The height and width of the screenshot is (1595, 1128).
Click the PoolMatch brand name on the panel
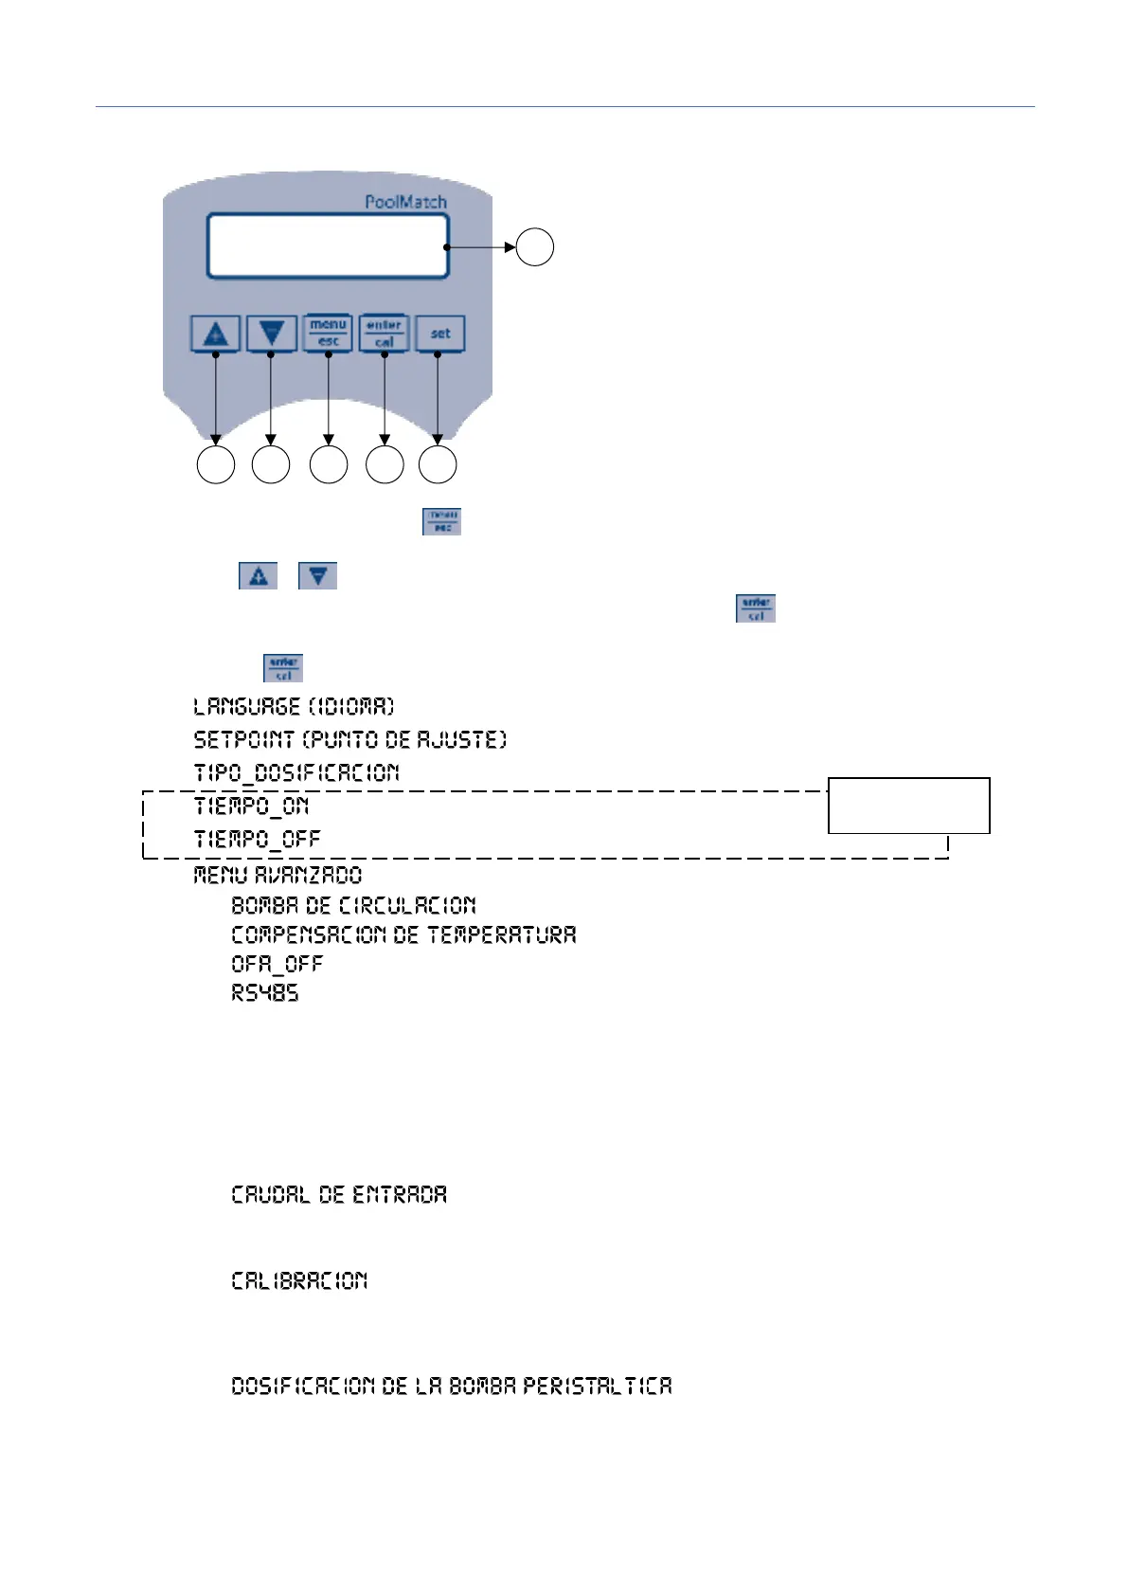point(405,202)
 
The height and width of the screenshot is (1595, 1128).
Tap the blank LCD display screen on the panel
point(327,246)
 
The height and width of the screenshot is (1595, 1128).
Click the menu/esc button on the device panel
point(328,334)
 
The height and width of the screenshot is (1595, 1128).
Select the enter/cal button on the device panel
point(384,334)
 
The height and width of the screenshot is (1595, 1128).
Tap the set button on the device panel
point(440,334)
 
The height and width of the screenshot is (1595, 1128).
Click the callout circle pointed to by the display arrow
point(535,247)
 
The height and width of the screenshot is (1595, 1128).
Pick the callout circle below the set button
point(438,465)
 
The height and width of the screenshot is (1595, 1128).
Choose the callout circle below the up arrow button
point(216,465)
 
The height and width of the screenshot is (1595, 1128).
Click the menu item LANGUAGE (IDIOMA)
point(294,707)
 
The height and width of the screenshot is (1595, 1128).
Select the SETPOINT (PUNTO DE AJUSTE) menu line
point(349,740)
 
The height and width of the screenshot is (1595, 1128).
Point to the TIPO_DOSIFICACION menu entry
point(296,773)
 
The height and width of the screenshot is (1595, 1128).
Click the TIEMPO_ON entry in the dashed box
point(251,807)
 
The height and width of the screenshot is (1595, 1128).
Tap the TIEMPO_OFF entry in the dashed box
point(257,840)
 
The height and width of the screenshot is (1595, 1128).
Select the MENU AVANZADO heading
point(278,875)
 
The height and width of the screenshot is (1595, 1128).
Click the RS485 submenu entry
point(265,993)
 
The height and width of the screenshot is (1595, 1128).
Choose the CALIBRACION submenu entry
point(299,1281)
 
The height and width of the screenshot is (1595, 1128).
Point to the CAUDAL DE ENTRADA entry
point(339,1195)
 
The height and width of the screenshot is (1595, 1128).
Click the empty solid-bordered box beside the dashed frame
point(908,806)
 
